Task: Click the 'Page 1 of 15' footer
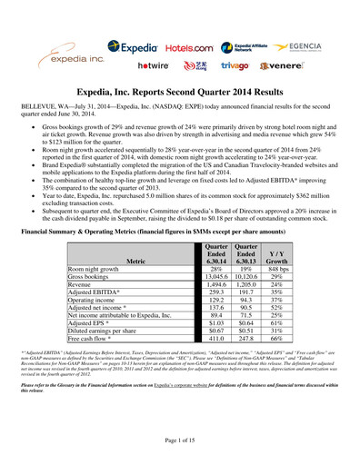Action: [179, 440]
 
